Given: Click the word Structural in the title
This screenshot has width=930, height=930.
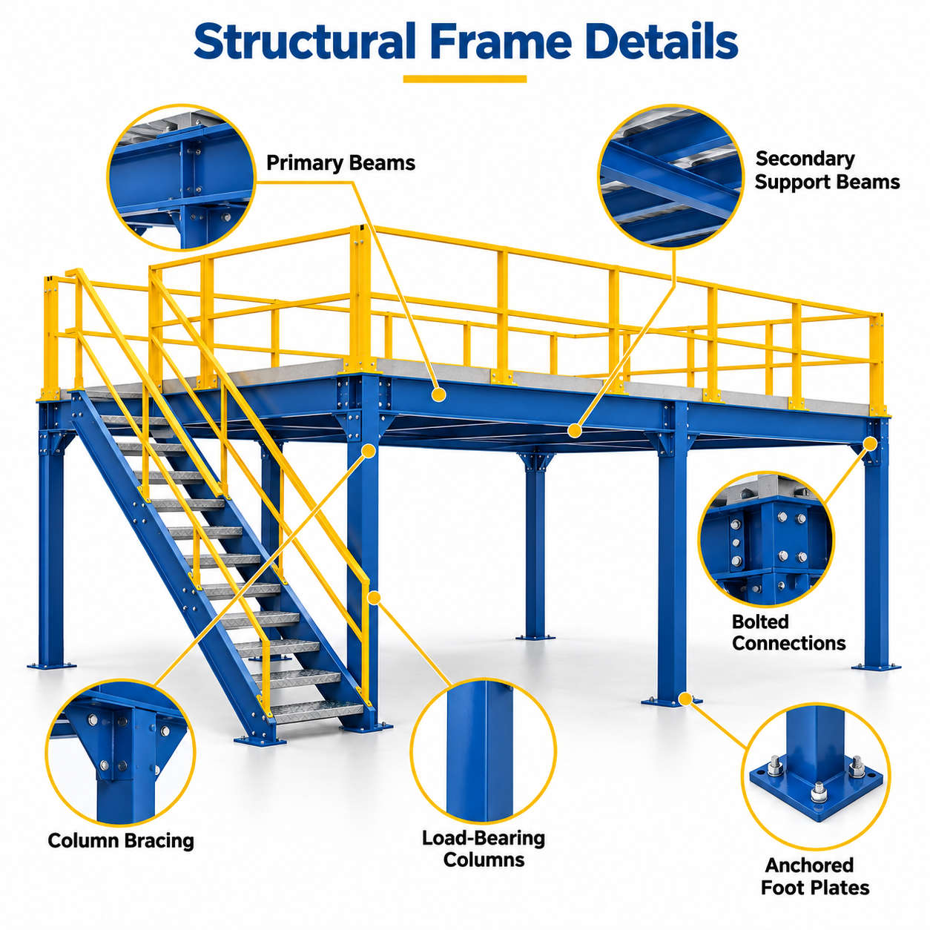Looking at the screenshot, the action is (x=304, y=42).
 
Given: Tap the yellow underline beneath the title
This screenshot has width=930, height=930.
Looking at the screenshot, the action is (x=465, y=79).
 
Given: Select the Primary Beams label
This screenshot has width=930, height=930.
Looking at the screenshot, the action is (x=340, y=163).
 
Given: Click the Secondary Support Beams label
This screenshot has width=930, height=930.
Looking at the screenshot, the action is (x=827, y=171).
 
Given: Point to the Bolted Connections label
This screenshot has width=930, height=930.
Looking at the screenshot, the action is (x=788, y=632).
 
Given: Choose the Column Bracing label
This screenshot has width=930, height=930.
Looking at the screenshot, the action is (x=121, y=840).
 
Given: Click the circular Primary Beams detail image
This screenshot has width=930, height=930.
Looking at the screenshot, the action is (x=181, y=177).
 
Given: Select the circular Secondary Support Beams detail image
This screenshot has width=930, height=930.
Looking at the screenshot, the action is (x=671, y=177).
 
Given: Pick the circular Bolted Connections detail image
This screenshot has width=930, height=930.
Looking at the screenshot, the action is (x=766, y=539).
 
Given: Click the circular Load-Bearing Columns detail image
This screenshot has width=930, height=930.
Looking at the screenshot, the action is (x=483, y=751).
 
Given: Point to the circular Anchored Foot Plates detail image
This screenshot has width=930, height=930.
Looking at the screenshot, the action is (x=816, y=776).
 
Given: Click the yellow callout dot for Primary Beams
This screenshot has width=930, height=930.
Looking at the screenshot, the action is (x=438, y=395).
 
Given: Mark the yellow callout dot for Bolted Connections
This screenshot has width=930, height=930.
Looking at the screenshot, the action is (x=870, y=443).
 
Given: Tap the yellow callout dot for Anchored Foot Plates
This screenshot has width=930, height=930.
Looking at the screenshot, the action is (x=685, y=698).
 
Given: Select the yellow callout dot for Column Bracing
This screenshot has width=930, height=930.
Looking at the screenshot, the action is (x=369, y=451).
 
